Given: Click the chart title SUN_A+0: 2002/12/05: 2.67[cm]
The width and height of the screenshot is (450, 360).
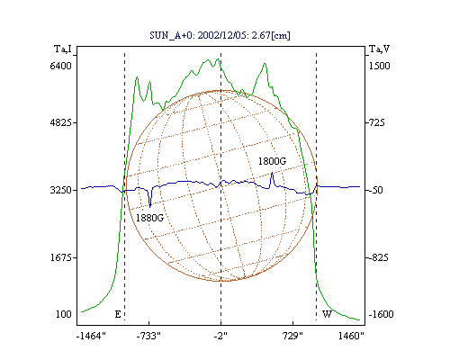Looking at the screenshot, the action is point(220,35).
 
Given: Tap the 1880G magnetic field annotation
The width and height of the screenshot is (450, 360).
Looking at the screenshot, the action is point(149,218).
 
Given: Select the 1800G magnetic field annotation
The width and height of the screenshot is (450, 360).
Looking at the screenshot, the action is point(272,161).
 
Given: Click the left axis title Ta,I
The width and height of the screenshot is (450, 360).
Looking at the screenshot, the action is point(63,49).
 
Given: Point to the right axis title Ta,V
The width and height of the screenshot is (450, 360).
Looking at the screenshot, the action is point(379,49).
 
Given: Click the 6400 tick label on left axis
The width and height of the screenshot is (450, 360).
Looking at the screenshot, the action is point(61,66).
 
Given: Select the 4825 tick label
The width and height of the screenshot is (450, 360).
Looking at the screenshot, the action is point(61,122).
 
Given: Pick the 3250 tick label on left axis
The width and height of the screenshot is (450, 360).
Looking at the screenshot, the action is point(61,190).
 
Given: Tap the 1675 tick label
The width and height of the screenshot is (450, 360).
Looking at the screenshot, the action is point(61,257).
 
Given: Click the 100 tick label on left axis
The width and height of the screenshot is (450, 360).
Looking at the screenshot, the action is point(64,314).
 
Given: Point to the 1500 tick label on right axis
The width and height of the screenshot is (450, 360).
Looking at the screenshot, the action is point(379,66).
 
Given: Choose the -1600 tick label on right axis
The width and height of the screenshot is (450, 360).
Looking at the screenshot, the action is point(381,314).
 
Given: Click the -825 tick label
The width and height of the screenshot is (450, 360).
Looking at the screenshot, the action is point(377,257).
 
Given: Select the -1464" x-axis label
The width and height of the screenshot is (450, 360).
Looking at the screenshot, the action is point(91,336).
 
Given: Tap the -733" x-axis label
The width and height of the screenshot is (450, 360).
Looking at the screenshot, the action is point(148,336).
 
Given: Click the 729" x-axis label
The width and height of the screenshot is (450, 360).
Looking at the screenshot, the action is point(293,336).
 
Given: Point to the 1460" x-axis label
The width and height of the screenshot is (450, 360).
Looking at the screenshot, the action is point(351,336).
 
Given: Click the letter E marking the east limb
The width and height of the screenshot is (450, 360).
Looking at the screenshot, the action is point(118,314).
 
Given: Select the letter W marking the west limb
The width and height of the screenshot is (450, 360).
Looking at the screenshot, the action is point(327,314).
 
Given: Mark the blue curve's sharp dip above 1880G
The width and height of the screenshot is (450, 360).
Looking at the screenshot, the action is point(150,207).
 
